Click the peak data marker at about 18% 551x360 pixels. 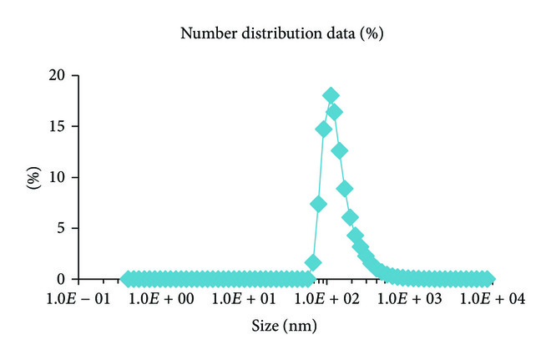[x=331, y=95]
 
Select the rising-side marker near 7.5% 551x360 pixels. [x=318, y=204]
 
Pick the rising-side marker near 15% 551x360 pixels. [x=324, y=129]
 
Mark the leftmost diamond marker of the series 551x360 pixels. [x=127, y=278]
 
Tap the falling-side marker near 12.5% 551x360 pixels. [x=340, y=151]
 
